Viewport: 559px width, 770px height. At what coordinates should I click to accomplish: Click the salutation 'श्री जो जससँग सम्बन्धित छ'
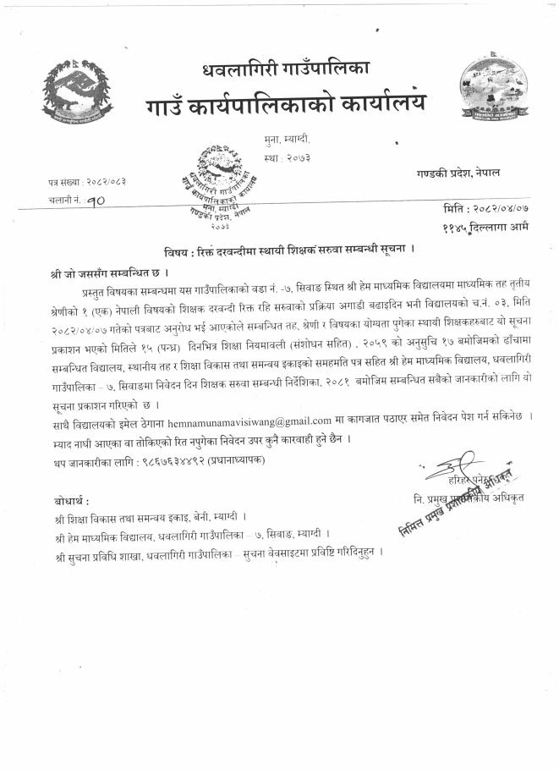(x=111, y=273)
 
